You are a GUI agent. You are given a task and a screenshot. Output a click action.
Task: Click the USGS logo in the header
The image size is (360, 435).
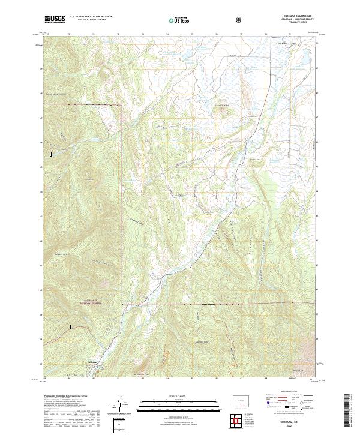click(55, 19)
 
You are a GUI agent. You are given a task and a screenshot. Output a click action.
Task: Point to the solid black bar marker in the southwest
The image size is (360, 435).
click(71, 327)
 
